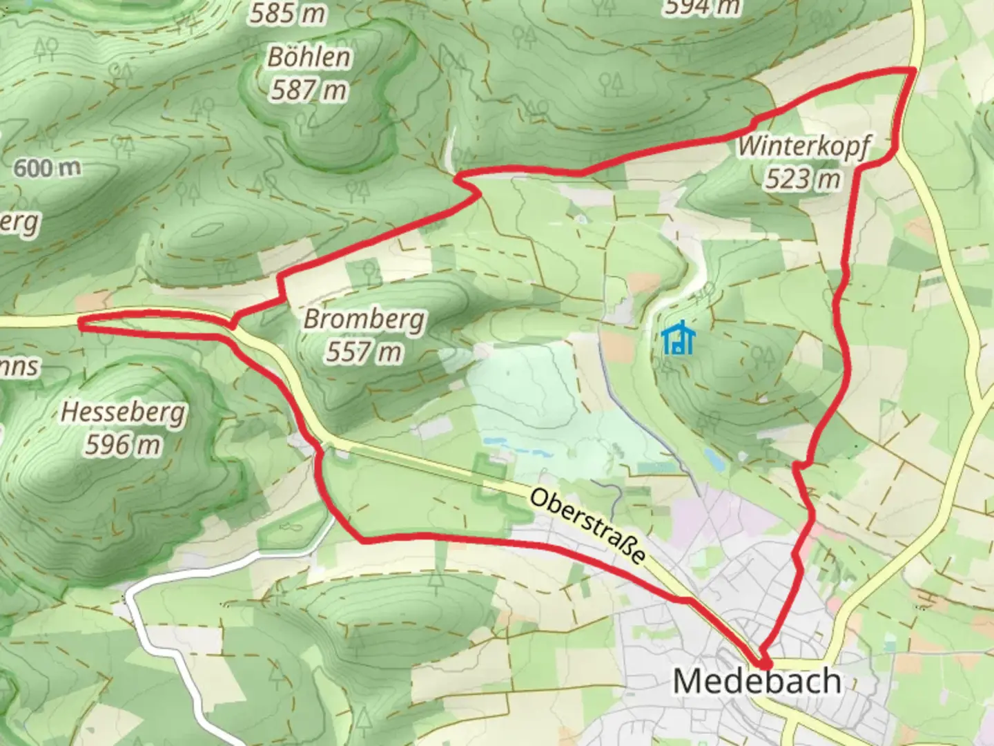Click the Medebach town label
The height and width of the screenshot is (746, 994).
[x=757, y=681]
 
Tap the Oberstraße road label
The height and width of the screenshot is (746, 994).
[x=589, y=526]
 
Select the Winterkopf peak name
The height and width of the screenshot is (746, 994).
[x=804, y=147]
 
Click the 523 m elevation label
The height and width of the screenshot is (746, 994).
[x=803, y=180]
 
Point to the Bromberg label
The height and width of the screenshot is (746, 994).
[x=364, y=320]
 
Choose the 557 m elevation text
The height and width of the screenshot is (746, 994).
[x=364, y=352]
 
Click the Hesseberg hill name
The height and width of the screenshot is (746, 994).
[x=123, y=412]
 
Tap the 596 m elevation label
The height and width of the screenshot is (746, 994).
[x=123, y=445]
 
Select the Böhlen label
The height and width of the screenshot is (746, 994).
[x=309, y=57]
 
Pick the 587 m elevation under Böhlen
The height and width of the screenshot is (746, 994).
[x=309, y=90]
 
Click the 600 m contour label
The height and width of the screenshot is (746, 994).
[x=47, y=168]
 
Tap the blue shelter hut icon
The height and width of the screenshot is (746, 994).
[x=678, y=339]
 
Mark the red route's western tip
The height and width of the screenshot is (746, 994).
[x=81, y=323]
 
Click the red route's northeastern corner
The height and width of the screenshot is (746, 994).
[x=914, y=70]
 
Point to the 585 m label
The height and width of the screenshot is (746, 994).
[x=287, y=12]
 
